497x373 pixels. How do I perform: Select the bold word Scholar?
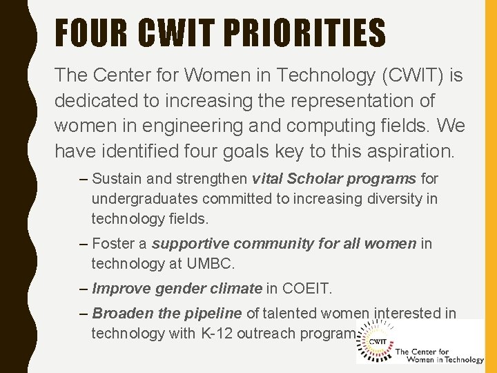[316, 179]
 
